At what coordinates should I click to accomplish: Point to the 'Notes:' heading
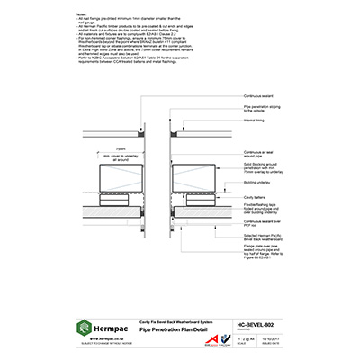pyautogui.click(x=83, y=16)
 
